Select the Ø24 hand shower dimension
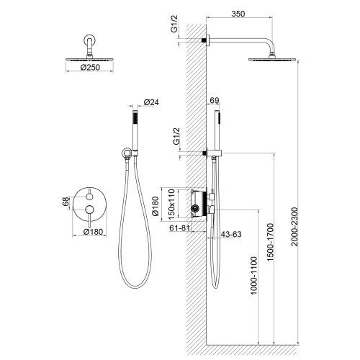151,103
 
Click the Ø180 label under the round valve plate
94,232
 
